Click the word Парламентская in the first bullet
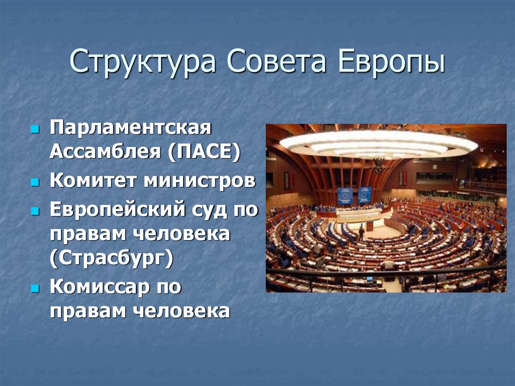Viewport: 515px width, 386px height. (129, 128)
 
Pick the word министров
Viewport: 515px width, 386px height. (200, 181)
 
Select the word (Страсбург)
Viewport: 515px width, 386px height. (111, 258)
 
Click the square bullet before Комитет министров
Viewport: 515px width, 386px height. (35, 182)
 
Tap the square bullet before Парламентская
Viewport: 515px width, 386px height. (35, 129)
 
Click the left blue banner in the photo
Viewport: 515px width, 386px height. (345, 195)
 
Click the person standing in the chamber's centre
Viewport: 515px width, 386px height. (361, 233)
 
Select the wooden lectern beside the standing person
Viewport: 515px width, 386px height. (370, 226)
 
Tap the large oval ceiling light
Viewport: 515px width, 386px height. (378, 144)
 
